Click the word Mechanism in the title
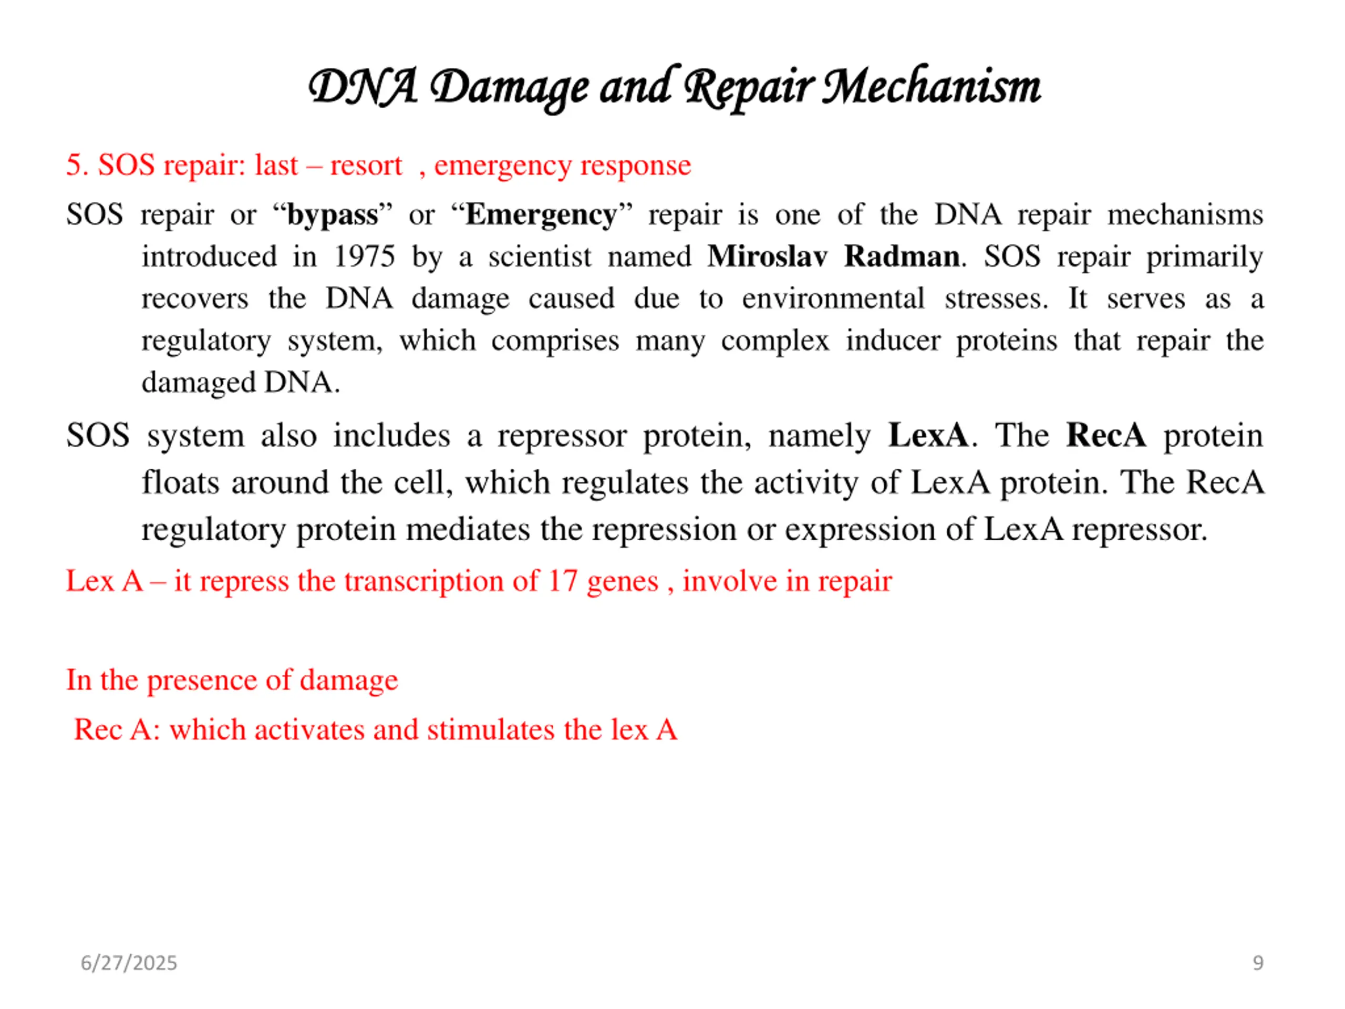click(931, 87)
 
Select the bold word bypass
click(332, 215)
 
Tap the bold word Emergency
click(541, 215)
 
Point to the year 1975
click(364, 256)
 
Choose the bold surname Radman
click(902, 256)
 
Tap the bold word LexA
click(927, 436)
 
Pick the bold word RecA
click(1105, 436)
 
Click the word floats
click(181, 482)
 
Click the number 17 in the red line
click(563, 581)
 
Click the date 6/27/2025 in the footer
click(129, 963)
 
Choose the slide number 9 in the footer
click(1258, 963)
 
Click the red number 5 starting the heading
click(74, 166)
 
